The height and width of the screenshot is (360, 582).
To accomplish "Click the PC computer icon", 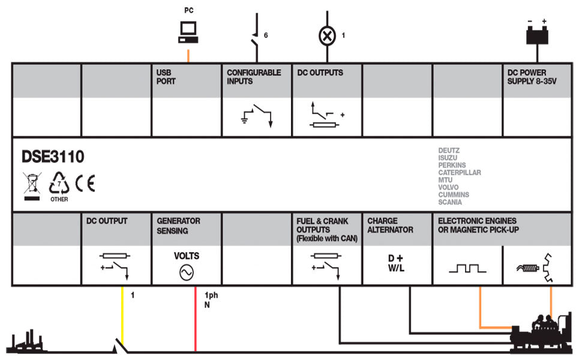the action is (x=188, y=32).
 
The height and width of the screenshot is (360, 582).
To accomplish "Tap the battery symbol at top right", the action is (x=537, y=35).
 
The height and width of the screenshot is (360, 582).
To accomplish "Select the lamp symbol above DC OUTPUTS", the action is (x=327, y=36).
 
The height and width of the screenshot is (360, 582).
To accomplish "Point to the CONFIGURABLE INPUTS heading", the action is (x=254, y=77).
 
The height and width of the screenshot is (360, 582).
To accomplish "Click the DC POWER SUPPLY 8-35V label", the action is (x=532, y=77).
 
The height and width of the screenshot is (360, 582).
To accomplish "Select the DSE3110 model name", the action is (x=53, y=157).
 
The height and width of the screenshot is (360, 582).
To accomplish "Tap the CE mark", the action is (x=85, y=183).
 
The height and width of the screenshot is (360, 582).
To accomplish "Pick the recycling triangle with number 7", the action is (x=59, y=182).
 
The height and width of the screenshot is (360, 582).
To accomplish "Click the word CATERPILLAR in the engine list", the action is (x=460, y=173).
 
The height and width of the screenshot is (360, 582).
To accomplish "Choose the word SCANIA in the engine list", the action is (x=450, y=202).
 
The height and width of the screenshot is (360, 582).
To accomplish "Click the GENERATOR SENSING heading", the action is (x=178, y=226).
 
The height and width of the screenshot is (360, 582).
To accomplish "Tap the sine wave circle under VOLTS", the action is (x=187, y=273).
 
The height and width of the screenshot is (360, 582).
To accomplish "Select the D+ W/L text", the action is (x=395, y=263).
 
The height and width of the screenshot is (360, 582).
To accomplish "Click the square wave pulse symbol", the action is (x=467, y=268).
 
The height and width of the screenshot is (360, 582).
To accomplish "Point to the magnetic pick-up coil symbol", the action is (x=528, y=268).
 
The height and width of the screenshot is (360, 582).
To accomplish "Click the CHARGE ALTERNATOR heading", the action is (x=390, y=225).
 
